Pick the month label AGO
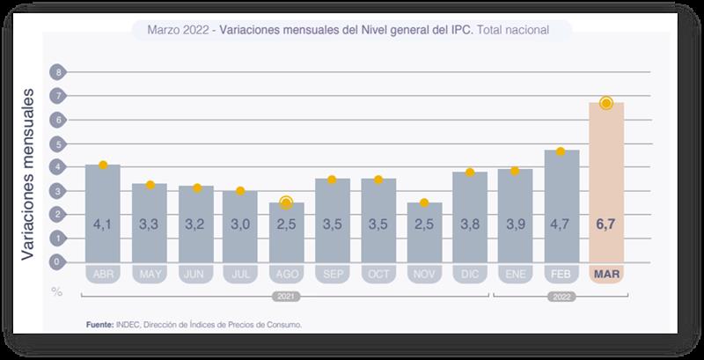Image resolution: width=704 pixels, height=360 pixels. (x=286, y=275)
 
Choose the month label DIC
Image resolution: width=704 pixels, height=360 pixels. (x=470, y=275)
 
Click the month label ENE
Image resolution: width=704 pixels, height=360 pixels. (x=516, y=275)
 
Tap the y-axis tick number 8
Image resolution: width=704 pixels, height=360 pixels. (x=58, y=71)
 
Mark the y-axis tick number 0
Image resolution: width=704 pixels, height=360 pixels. (x=58, y=261)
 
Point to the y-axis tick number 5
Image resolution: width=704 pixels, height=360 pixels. (x=58, y=143)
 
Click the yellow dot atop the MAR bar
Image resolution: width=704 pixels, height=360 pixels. (x=606, y=103)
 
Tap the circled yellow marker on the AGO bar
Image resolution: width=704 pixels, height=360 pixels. (x=286, y=202)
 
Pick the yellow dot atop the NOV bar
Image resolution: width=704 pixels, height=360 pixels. (x=424, y=203)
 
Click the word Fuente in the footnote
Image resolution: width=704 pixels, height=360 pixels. (x=100, y=325)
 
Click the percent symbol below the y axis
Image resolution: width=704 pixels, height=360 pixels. (x=57, y=290)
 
